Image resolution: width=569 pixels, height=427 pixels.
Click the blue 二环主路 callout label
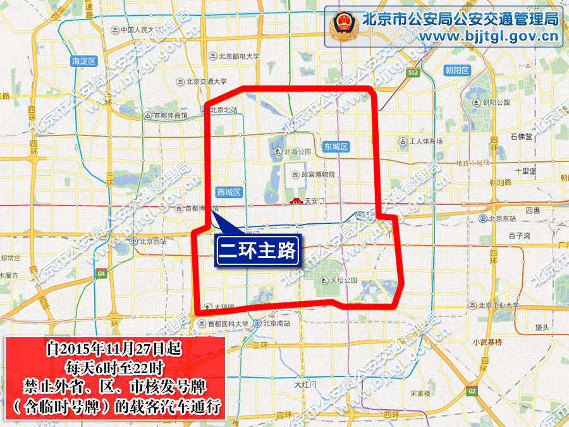click(x=257, y=251)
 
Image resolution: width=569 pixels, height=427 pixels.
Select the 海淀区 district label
click(x=83, y=61)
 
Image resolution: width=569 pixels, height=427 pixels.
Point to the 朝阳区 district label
click(x=456, y=70)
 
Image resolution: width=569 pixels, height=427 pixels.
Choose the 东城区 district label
click(x=336, y=147)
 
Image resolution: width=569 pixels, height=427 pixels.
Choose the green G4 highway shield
click(x=101, y=274)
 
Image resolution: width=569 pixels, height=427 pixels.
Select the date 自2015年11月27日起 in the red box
click(x=115, y=349)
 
